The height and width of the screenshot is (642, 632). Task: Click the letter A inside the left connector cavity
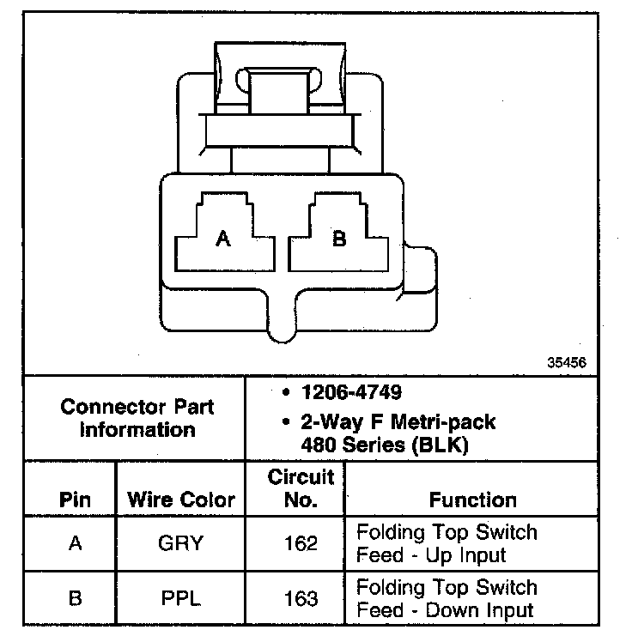(223, 239)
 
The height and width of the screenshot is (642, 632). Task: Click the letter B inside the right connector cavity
(339, 239)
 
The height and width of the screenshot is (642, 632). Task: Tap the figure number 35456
(566, 363)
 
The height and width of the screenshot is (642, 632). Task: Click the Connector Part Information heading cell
(137, 417)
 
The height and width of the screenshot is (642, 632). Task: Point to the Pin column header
(75, 500)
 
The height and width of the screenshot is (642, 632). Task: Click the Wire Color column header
(181, 500)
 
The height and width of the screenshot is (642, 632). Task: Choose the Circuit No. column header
(301, 488)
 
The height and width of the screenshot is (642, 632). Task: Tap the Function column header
(473, 500)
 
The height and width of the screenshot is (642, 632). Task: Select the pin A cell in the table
(75, 543)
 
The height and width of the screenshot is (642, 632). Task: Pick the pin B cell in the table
(75, 598)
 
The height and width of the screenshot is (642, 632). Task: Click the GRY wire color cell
(181, 543)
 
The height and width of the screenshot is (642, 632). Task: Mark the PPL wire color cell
(181, 598)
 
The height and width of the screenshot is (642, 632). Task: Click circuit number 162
(301, 543)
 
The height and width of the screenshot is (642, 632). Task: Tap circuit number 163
(301, 598)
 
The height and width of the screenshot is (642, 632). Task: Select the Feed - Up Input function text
(432, 555)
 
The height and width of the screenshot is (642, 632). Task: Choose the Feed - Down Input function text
(445, 610)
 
